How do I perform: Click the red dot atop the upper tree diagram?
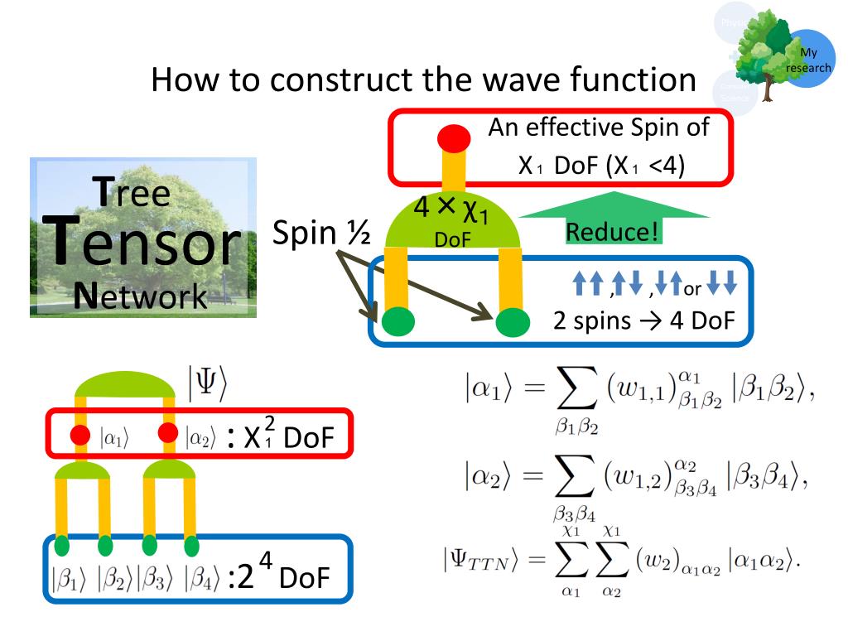(454, 137)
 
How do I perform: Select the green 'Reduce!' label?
(614, 231)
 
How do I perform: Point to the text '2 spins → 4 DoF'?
(643, 320)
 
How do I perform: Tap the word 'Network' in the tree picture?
(140, 295)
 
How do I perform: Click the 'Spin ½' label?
(321, 234)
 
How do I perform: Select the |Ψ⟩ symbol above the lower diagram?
(206, 382)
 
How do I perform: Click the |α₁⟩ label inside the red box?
(114, 436)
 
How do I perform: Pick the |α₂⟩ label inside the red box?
(200, 436)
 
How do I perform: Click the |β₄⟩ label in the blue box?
(202, 578)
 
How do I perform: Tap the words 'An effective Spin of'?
(598, 128)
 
